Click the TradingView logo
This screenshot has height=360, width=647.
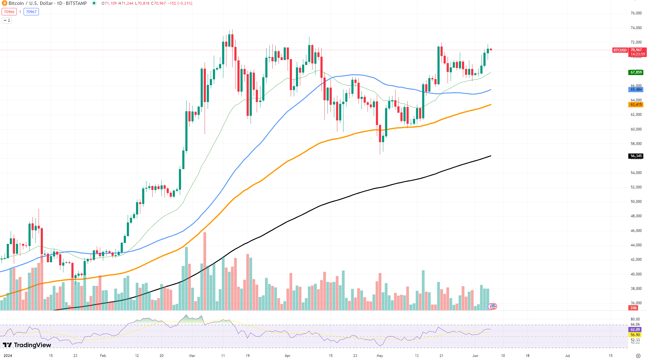click(27, 345)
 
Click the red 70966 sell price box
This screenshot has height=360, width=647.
click(9, 12)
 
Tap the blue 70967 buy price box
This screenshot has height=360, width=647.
click(31, 12)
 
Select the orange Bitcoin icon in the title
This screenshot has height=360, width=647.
click(4, 3)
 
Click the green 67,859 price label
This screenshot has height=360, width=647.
click(636, 72)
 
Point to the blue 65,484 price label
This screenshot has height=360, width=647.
click(636, 89)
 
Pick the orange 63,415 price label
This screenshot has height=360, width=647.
click(636, 104)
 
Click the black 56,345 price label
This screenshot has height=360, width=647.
click(636, 156)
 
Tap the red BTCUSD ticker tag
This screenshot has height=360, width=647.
click(620, 50)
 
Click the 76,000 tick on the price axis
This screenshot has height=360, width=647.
click(636, 13)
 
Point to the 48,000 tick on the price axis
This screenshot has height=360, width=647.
click(636, 216)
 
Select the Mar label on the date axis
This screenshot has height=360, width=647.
click(192, 356)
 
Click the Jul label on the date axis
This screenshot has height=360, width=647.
click(567, 356)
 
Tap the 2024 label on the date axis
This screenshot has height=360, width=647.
click(8, 356)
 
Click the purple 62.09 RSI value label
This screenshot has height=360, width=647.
click(635, 330)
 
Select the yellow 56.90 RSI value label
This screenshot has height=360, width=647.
click(635, 335)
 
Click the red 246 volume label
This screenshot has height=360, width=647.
click(634, 308)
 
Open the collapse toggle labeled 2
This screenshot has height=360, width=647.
click(7, 21)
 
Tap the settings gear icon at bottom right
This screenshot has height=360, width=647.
click(638, 356)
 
